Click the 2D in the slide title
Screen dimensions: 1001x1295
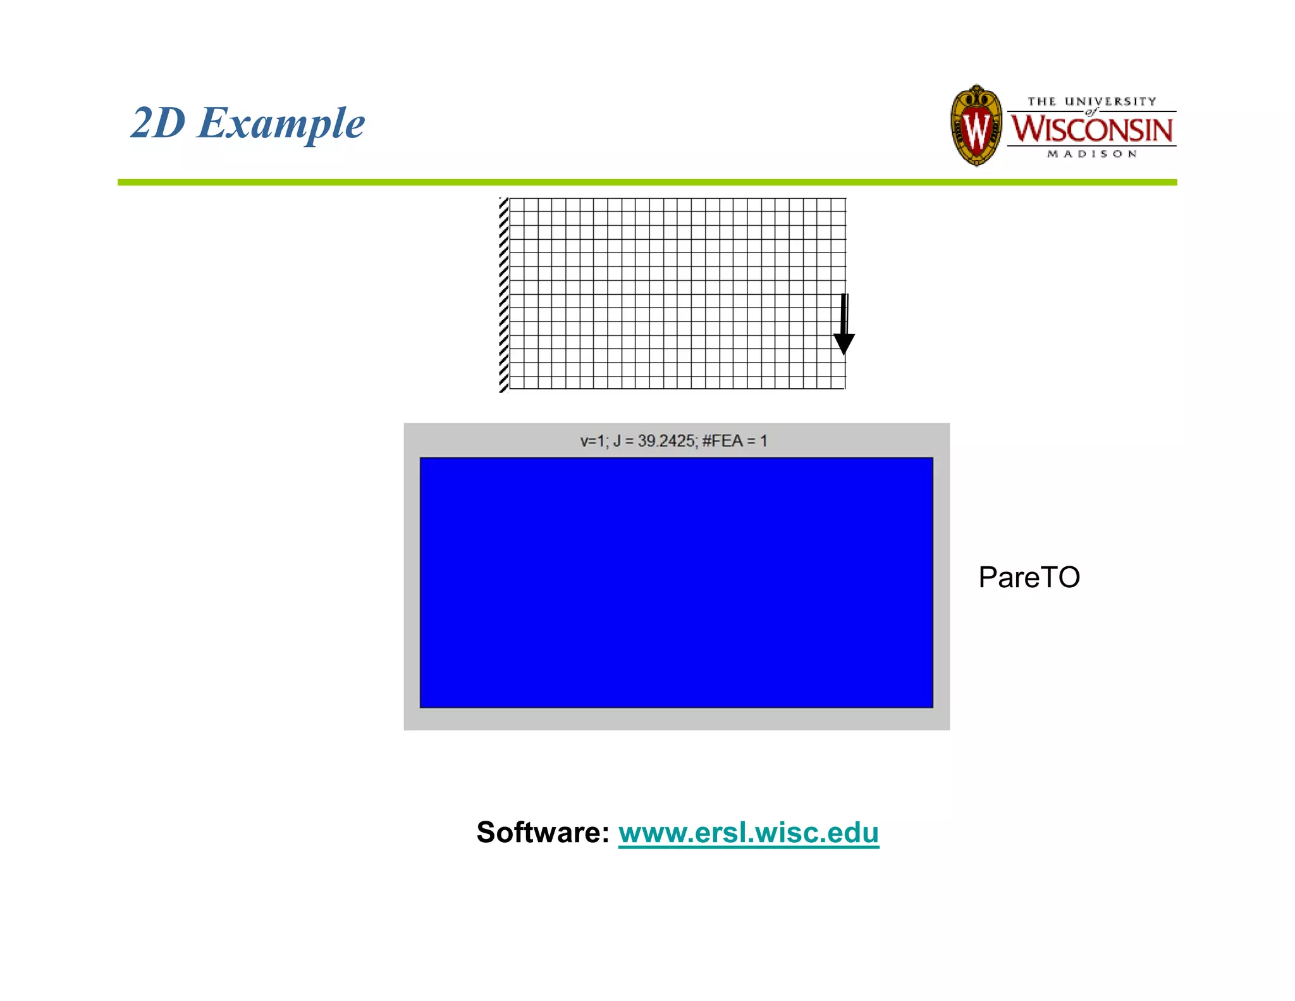[x=158, y=123]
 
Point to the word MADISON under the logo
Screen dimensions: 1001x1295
[x=1092, y=154]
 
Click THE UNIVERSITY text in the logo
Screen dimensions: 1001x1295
[x=1091, y=101]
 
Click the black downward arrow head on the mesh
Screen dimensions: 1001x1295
[x=844, y=344]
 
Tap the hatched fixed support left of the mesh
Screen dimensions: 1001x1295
[x=503, y=294]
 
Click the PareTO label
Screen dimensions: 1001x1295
[x=1029, y=577]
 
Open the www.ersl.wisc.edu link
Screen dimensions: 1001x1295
[x=748, y=832]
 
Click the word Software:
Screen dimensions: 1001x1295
[x=543, y=832]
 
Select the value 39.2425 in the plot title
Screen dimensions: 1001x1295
[x=666, y=441]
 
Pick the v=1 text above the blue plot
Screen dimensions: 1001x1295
[x=592, y=441]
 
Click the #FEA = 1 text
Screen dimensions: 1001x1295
[x=734, y=441]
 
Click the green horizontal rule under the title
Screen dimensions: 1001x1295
[x=647, y=182]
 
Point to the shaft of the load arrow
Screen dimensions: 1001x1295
[x=844, y=313]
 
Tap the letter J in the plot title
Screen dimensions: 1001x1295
[x=617, y=441]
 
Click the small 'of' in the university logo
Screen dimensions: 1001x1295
[x=1091, y=112]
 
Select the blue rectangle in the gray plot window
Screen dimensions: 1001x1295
[x=676, y=582]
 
